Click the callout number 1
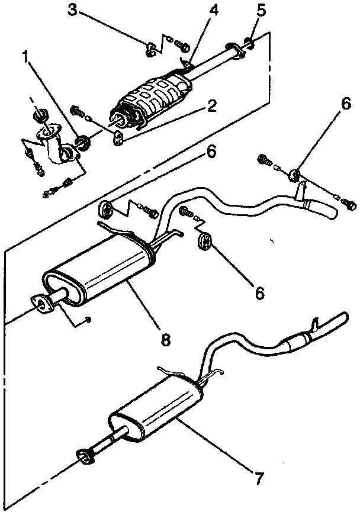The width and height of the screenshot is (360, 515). point(25,57)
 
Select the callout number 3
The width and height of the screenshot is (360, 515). point(72,9)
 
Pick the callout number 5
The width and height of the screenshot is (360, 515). point(261,9)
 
